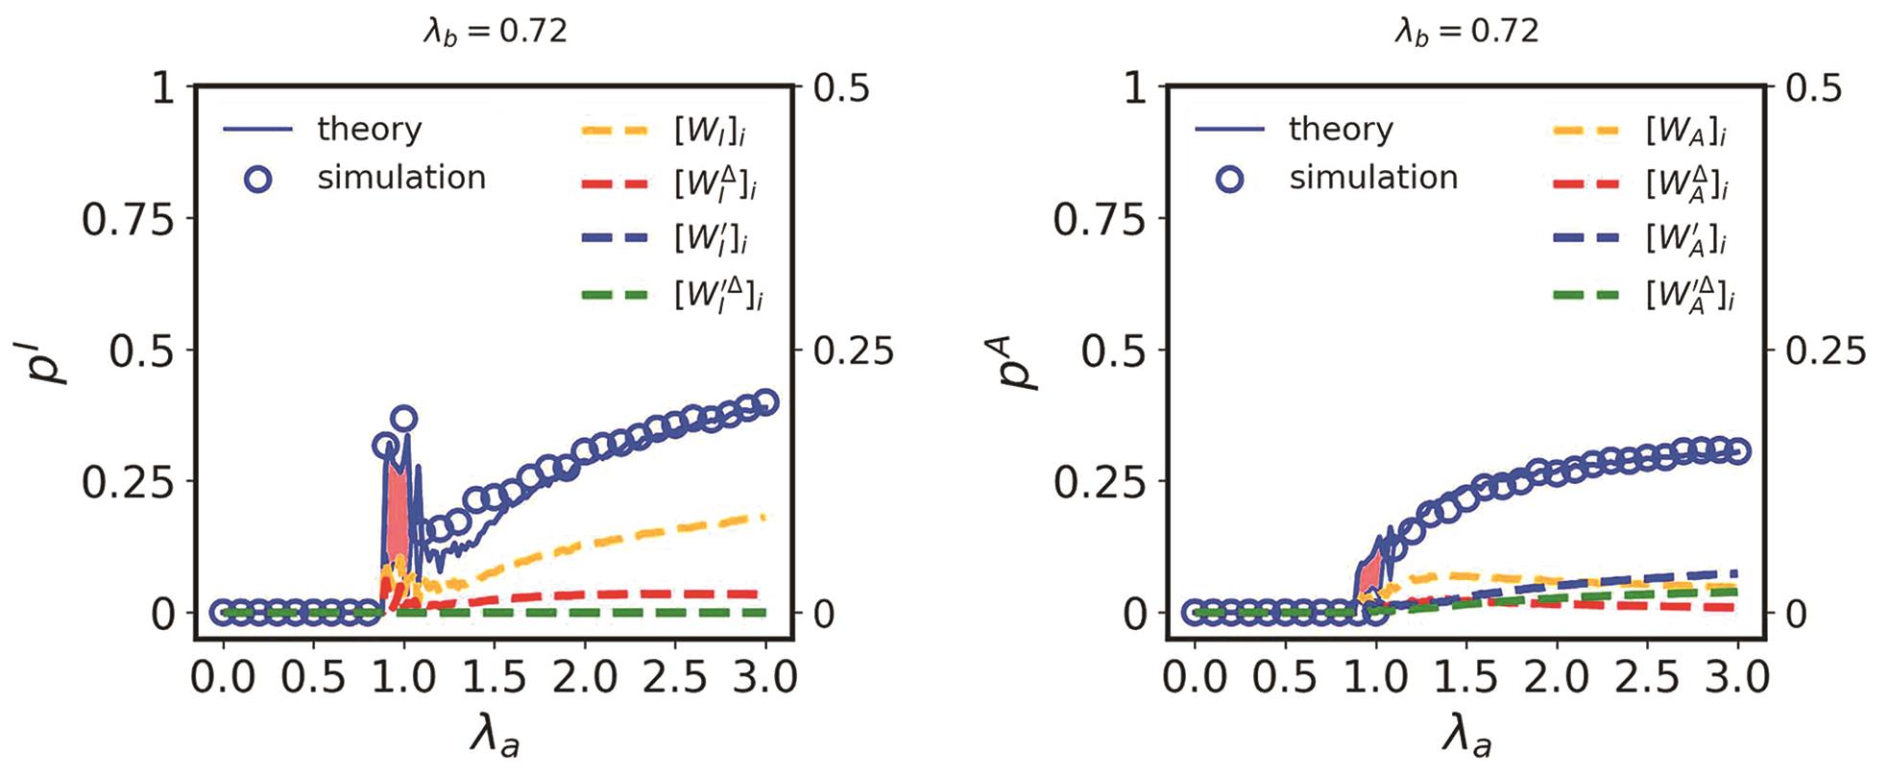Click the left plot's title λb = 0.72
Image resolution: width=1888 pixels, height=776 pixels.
[496, 32]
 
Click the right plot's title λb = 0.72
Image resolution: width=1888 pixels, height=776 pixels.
[1466, 32]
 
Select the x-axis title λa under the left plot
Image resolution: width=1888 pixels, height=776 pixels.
[495, 737]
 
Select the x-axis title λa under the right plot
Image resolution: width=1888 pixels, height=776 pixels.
[1466, 737]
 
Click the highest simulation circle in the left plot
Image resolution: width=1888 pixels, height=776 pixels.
[403, 418]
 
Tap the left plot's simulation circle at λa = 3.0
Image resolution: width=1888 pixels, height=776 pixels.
[765, 402]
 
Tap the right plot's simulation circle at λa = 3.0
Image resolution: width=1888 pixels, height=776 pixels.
[1736, 451]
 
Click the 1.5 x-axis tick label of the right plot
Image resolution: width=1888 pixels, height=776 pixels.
[1465, 677]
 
